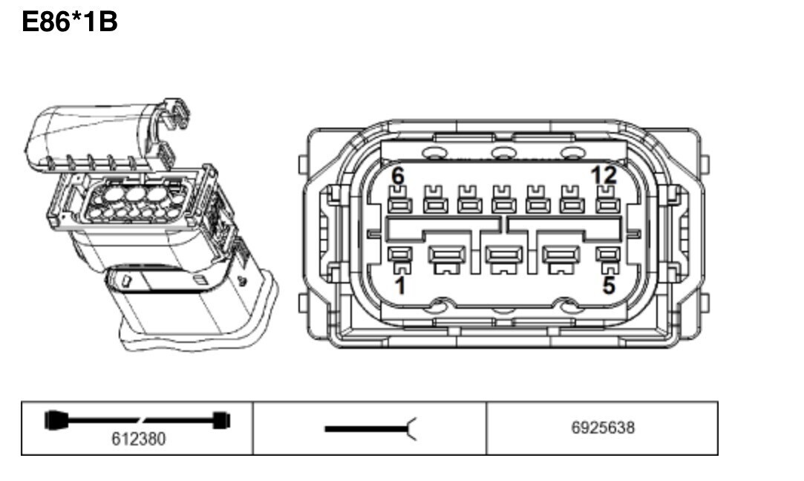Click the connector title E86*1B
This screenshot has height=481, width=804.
70,22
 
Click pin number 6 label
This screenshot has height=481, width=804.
398,176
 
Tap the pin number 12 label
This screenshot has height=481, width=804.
604,175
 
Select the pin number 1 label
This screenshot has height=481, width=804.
400,286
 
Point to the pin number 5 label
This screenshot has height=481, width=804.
609,286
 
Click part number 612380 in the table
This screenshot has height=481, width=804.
138,439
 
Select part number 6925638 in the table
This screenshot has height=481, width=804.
603,428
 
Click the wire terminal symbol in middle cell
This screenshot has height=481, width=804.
370,429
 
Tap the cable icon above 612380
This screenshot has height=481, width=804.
137,420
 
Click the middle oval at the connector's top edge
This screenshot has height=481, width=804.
503,152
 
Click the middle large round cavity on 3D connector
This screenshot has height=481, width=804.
135,194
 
